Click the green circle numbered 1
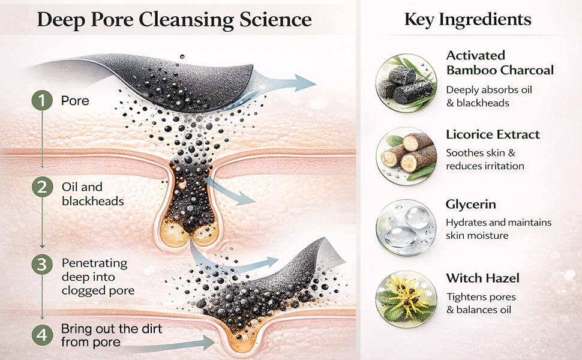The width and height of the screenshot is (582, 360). [x=42, y=100]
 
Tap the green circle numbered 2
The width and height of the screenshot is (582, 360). [x=42, y=187]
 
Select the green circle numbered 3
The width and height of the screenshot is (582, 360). [x=42, y=264]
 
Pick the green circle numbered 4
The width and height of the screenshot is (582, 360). [x=42, y=335]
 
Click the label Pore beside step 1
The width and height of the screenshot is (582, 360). [x=75, y=101]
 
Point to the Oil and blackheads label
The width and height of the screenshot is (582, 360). [x=93, y=194]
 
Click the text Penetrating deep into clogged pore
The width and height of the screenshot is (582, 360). [x=98, y=277]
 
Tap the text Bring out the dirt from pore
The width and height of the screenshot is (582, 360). [x=112, y=335]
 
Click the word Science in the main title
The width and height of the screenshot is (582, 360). [x=275, y=19]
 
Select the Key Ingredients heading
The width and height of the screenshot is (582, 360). [x=467, y=19]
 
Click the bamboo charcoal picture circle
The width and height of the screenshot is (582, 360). [x=406, y=83]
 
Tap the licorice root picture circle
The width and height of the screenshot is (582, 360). [x=406, y=156]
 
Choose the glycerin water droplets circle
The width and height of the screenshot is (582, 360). [x=406, y=227]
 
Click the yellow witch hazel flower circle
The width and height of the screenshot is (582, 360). [x=406, y=299]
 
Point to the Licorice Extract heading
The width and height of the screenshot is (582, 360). [x=493, y=134]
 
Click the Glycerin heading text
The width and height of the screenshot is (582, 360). [x=470, y=205]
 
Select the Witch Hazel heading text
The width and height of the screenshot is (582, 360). [x=482, y=278]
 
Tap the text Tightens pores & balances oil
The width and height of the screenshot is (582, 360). [x=481, y=303]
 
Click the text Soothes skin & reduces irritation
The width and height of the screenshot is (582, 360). [x=485, y=159]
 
